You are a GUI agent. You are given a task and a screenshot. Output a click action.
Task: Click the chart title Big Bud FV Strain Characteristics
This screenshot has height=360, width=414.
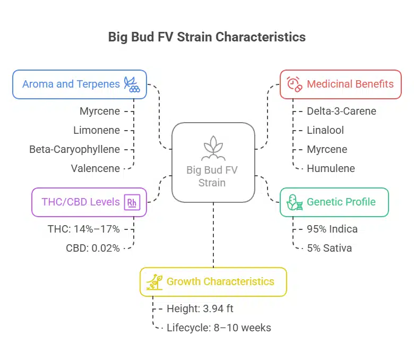(207, 37)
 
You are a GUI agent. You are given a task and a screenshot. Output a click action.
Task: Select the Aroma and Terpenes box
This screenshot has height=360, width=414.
(80, 84)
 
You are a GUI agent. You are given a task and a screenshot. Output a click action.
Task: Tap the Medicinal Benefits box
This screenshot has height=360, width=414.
(340, 84)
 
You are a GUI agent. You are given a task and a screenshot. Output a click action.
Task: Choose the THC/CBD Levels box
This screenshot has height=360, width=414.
(89, 202)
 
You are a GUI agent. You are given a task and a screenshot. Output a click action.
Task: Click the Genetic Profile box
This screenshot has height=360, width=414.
(334, 202)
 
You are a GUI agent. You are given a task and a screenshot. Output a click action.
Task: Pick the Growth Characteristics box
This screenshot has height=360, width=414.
(213, 281)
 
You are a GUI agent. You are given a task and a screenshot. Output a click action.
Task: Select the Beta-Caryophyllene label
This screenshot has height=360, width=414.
(75, 149)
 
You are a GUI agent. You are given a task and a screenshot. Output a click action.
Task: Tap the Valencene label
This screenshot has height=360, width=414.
(95, 168)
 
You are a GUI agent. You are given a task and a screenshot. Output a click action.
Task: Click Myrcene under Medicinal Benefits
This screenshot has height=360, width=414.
(327, 149)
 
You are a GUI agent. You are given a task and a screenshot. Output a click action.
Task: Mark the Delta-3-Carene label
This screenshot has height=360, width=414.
(341, 111)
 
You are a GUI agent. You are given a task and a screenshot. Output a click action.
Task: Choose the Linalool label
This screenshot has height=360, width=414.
(325, 130)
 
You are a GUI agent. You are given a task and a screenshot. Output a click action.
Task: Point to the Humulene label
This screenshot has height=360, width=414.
(331, 168)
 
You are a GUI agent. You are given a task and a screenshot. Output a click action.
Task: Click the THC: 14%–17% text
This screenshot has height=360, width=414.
(83, 229)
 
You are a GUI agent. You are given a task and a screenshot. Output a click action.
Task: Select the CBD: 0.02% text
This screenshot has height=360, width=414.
(92, 248)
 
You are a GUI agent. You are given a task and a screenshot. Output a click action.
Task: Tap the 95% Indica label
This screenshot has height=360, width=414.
(332, 229)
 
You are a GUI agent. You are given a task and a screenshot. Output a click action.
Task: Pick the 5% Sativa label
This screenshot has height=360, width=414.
(329, 248)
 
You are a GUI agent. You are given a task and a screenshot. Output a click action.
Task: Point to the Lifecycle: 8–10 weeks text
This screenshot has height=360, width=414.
(219, 328)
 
